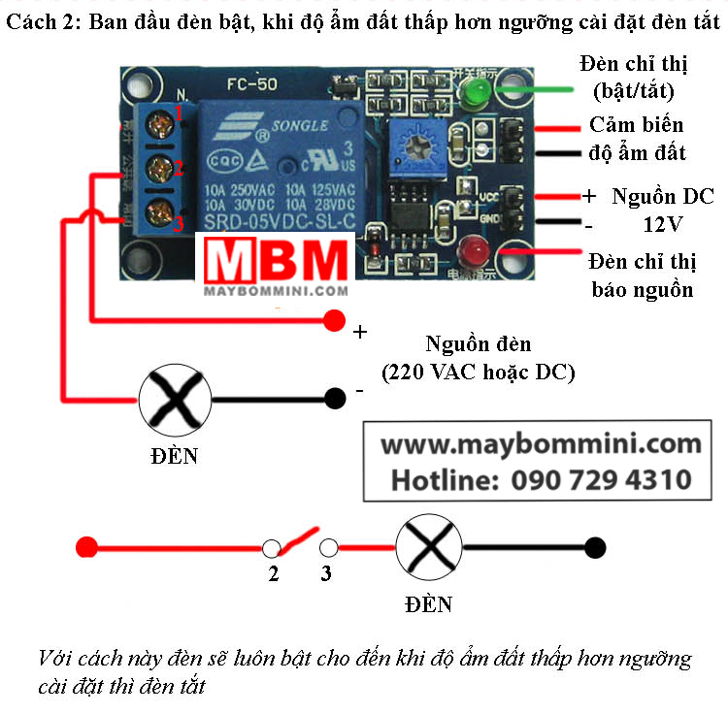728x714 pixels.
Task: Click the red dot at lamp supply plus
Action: pyautogui.click(x=335, y=319)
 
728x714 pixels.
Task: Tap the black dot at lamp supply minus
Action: pyautogui.click(x=335, y=397)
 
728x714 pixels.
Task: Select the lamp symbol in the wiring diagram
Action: pyautogui.click(x=176, y=398)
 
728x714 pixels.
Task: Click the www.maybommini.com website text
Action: pyautogui.click(x=541, y=445)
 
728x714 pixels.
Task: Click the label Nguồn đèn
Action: pyautogui.click(x=479, y=344)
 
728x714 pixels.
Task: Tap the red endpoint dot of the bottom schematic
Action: pyautogui.click(x=86, y=547)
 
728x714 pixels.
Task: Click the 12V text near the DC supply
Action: pyautogui.click(x=663, y=223)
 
